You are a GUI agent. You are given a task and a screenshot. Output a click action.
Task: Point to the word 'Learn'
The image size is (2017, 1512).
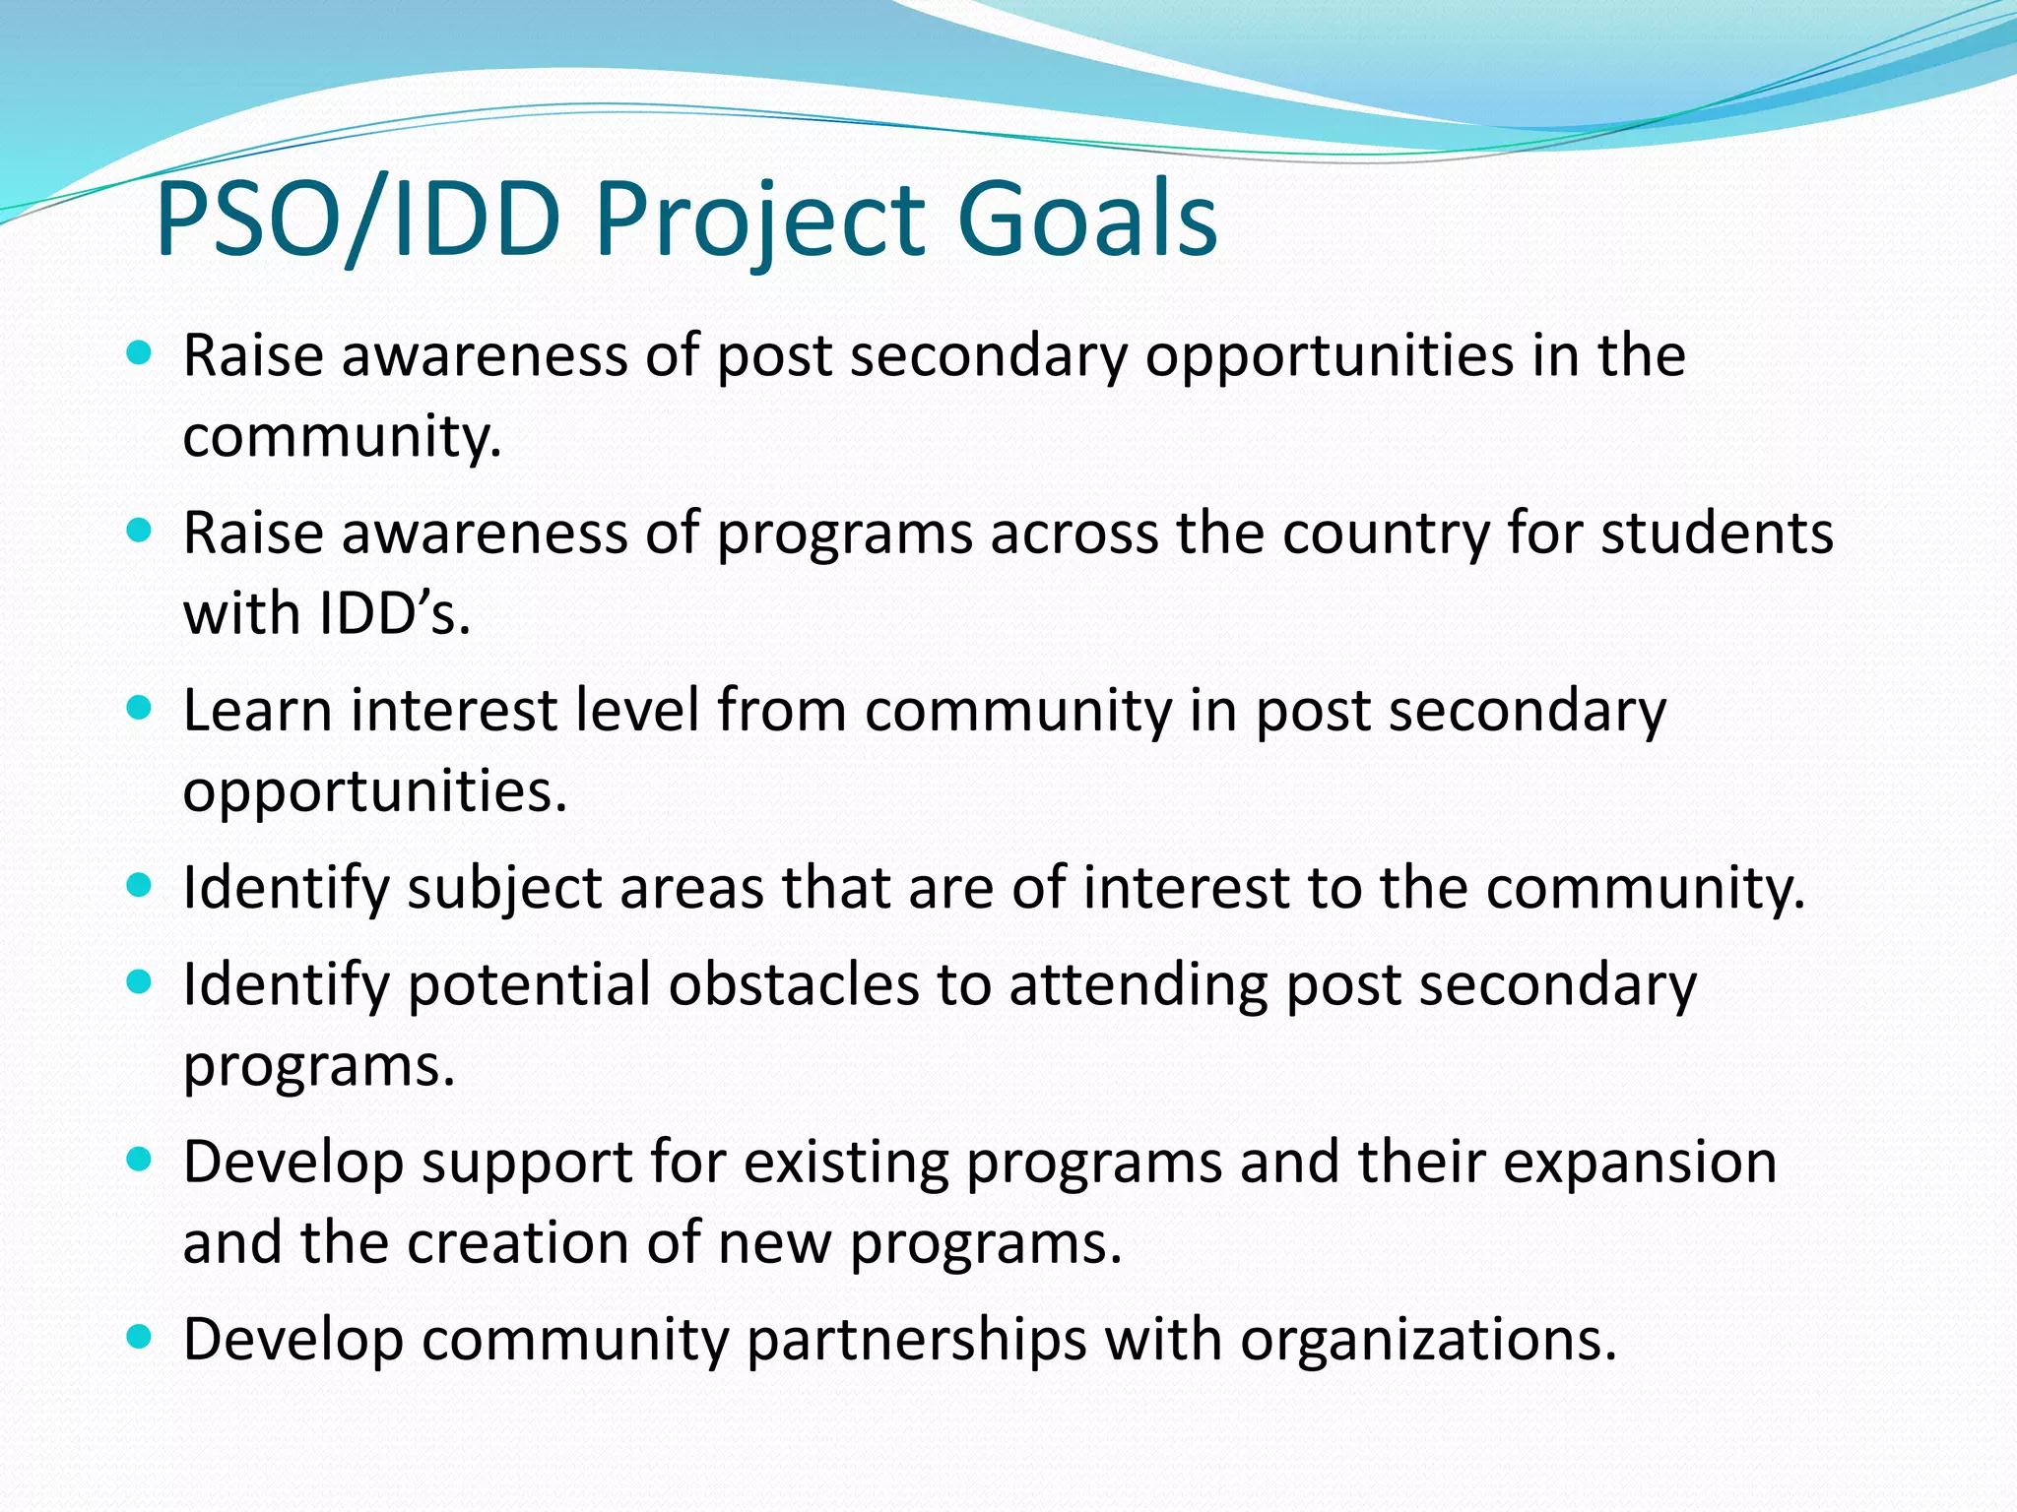coord(257,710)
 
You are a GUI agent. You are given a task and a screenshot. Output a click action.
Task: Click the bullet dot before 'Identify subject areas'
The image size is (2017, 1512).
coord(140,885)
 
